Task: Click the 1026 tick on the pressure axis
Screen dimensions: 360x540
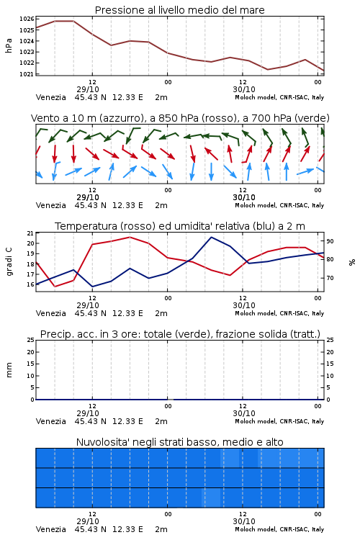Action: click(27, 19)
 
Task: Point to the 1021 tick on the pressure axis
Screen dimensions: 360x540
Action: click(27, 74)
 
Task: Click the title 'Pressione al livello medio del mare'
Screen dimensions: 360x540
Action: click(180, 10)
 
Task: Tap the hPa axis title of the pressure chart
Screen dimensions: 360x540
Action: click(9, 46)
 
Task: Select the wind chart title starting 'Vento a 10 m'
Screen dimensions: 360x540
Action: click(180, 118)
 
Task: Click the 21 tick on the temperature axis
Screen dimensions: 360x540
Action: click(31, 233)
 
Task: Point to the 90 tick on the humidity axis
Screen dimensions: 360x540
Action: click(330, 241)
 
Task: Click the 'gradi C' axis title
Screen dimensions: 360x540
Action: click(9, 261)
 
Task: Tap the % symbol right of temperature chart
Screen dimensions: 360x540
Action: click(352, 262)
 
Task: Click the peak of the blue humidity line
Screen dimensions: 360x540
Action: click(211, 238)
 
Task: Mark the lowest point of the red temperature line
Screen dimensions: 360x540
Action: click(55, 286)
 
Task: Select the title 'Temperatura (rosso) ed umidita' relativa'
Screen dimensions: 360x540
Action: click(180, 226)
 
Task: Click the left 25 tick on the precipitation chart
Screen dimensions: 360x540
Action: click(31, 340)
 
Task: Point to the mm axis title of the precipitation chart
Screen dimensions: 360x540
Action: click(9, 370)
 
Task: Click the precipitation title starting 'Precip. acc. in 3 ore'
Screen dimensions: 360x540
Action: click(180, 334)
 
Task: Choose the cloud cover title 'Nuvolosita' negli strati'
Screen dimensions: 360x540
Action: click(179, 442)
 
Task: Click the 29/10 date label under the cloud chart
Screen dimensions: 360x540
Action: click(88, 521)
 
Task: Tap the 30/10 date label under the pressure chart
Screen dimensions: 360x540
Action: click(244, 89)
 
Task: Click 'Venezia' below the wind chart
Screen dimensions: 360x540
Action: click(50, 205)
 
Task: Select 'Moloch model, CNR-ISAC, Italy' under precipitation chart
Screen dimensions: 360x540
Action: click(279, 421)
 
